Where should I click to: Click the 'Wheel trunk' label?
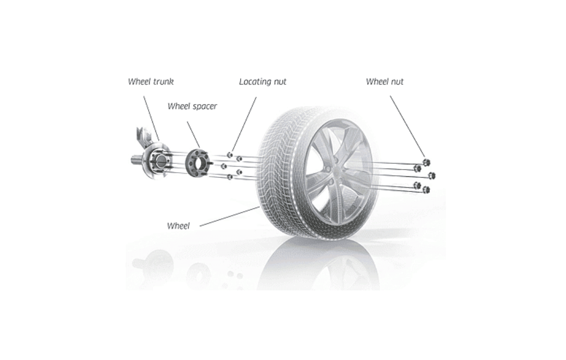point(151,82)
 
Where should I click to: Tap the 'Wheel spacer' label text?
point(192,106)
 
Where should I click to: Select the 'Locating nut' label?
point(263,82)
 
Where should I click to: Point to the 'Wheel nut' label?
point(384,82)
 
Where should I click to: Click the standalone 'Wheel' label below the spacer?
point(178,226)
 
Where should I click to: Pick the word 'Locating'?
point(255,82)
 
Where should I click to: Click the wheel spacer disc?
point(198,164)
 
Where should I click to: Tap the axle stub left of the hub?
point(137,160)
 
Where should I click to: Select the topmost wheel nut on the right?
point(426,162)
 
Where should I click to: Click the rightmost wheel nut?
point(432,176)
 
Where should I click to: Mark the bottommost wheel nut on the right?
point(426,189)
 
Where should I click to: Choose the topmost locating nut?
point(230,155)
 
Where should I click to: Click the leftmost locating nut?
point(223,166)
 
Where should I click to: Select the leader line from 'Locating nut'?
point(244,124)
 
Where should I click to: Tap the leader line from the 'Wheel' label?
point(230,216)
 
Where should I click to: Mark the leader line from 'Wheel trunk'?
point(151,118)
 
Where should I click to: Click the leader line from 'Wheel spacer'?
point(193,134)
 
